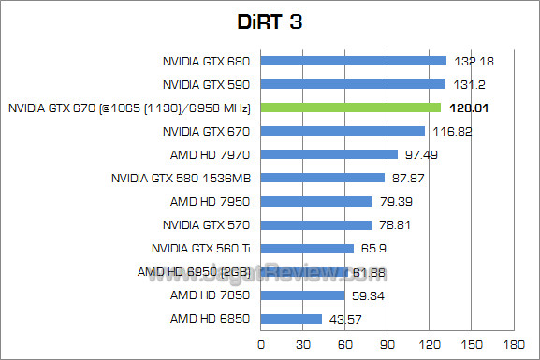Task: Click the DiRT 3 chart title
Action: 270,22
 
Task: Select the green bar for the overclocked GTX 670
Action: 350,108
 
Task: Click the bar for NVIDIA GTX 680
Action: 353,61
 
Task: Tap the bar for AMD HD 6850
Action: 291,319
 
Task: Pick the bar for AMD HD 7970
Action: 328,154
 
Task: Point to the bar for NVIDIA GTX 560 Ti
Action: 307,249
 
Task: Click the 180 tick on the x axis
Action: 513,344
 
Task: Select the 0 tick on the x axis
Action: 260,344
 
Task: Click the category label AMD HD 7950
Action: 211,201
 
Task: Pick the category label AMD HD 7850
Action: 211,295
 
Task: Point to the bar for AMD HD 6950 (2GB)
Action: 304,272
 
